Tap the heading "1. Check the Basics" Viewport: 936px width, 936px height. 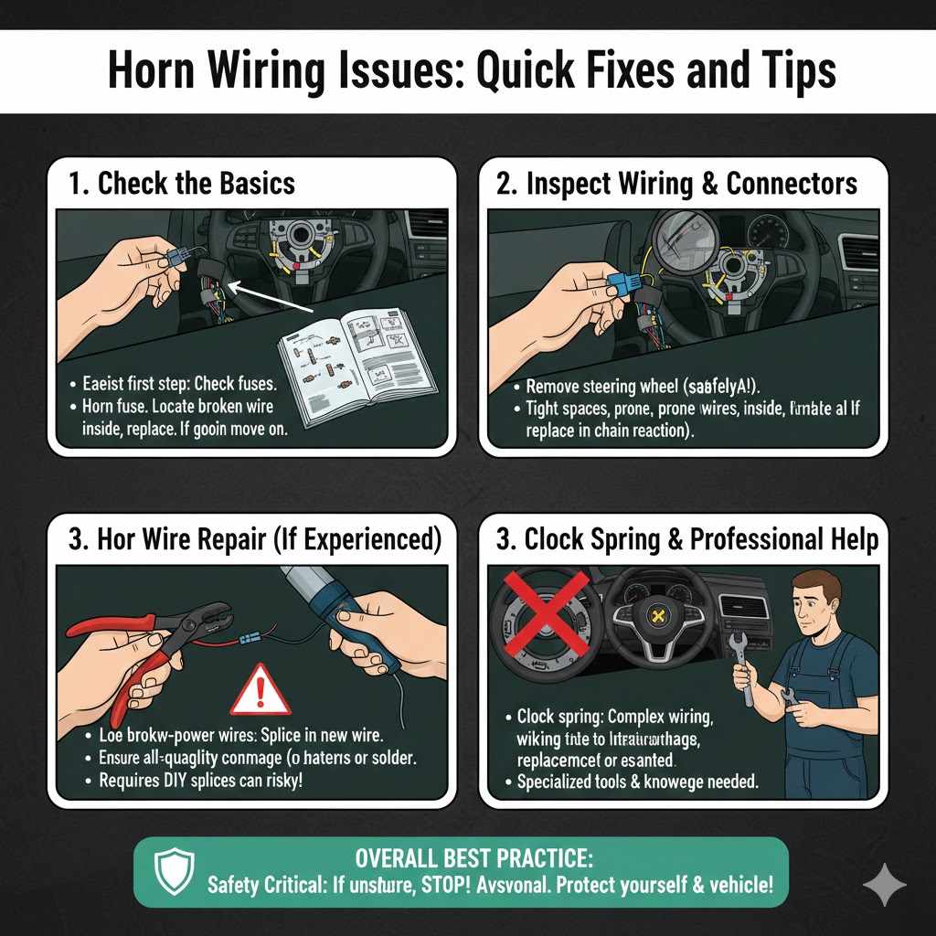click(x=182, y=183)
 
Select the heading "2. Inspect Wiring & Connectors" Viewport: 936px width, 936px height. click(x=676, y=183)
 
